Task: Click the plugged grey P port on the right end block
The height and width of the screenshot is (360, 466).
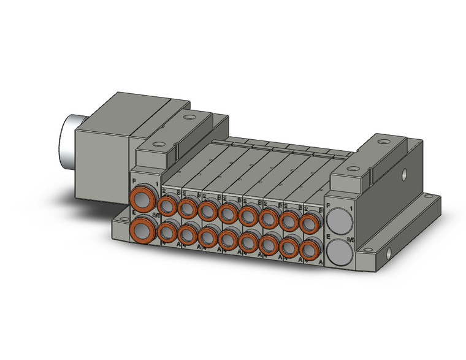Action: coord(339,219)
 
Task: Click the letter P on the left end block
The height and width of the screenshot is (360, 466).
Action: coord(134,182)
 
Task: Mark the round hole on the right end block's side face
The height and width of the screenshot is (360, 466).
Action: coord(405,178)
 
